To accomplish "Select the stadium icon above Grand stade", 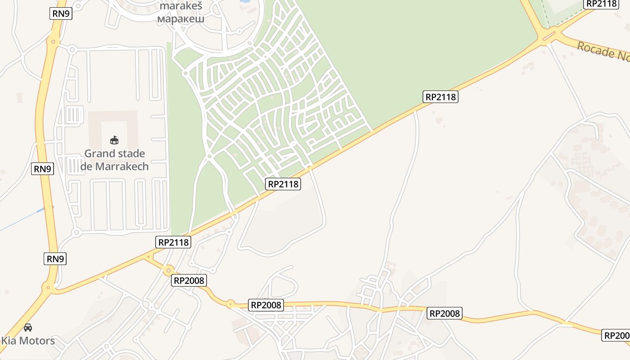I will [114, 140].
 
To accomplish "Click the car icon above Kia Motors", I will [28, 328].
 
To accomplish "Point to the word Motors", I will [38, 341].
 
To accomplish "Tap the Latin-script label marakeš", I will [181, 7].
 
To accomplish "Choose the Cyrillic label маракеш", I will [181, 19].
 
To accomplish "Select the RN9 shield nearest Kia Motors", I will [55, 259].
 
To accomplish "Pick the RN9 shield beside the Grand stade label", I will [42, 169].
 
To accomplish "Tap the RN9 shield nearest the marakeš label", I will [61, 13].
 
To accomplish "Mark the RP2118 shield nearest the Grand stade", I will [174, 242].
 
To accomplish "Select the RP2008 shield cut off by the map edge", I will [616, 335].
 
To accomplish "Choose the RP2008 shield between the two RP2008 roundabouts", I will [189, 280].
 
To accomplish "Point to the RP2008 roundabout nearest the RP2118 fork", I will [168, 270].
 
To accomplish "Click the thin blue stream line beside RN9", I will [22, 220].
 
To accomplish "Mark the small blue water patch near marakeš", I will [245, 1].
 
